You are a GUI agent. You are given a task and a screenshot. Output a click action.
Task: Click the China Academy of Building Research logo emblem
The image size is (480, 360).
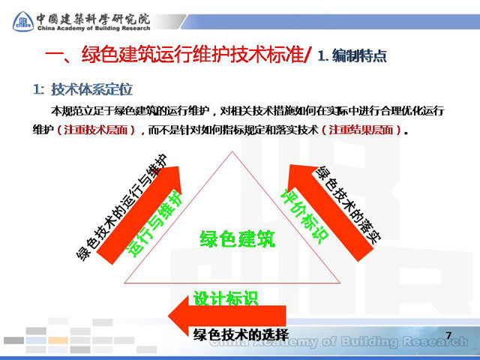coord(23,22)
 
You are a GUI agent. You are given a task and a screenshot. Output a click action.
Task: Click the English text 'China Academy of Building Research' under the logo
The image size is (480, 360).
coord(94,28)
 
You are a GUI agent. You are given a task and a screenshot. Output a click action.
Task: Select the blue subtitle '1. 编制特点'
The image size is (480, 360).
coord(352,55)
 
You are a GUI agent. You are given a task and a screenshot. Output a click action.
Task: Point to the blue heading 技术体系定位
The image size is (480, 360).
coord(91,89)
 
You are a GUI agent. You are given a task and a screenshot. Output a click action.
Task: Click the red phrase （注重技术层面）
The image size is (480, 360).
coord(96,130)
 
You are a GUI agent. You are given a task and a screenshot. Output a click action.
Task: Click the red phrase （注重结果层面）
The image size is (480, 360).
coord(361,130)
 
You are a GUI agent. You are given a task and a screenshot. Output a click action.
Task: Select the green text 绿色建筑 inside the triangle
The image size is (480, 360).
coord(237,238)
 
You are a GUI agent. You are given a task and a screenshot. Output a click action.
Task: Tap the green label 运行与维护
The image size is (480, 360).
coord(155,223)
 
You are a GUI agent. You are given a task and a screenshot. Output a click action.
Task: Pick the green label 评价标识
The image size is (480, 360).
coord(304,216)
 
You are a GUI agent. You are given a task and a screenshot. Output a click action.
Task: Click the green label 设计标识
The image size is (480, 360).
coord(226,298)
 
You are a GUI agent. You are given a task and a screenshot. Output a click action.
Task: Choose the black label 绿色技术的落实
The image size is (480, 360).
coord(349,205)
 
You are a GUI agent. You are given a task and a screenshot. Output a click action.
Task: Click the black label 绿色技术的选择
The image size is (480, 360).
coord(241,334)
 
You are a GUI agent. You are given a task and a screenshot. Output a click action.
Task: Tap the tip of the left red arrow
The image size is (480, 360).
coord(178,166)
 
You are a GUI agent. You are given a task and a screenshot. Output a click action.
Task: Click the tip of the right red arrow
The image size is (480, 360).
coord(290,165)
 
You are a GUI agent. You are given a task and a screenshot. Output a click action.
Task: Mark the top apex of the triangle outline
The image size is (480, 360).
coord(232,151)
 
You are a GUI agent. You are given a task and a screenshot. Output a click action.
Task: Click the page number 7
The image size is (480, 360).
coord(448,335)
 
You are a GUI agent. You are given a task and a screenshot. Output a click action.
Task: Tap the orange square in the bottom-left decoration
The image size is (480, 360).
coord(58,340)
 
